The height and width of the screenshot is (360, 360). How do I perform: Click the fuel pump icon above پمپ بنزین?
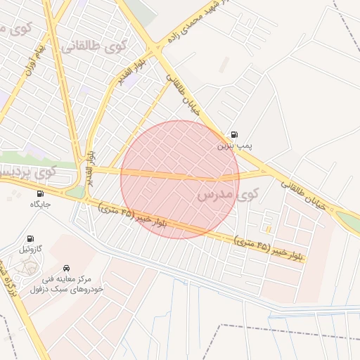pyautogui.click(x=233, y=135)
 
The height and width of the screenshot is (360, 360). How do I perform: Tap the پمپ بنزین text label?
pyautogui.click(x=233, y=146)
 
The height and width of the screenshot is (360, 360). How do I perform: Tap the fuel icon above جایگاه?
pyautogui.click(x=39, y=193)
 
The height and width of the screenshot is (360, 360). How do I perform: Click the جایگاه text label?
pyautogui.click(x=42, y=204)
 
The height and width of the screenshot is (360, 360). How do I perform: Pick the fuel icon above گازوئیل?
pyautogui.click(x=30, y=239)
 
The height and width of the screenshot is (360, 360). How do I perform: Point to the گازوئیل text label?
pyautogui.click(x=34, y=250)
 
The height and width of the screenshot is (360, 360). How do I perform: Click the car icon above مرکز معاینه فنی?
pyautogui.click(x=66, y=269)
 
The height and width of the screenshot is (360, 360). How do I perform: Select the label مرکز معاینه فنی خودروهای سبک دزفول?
pyautogui.click(x=67, y=284)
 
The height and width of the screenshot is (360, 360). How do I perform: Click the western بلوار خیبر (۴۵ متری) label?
pyautogui.click(x=134, y=215)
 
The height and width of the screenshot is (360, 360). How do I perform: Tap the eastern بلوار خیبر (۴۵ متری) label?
pyautogui.click(x=271, y=250)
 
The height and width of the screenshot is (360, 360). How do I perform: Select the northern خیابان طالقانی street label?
pyautogui.click(x=179, y=96)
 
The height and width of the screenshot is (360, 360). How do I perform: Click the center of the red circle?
pyautogui.click(x=180, y=179)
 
